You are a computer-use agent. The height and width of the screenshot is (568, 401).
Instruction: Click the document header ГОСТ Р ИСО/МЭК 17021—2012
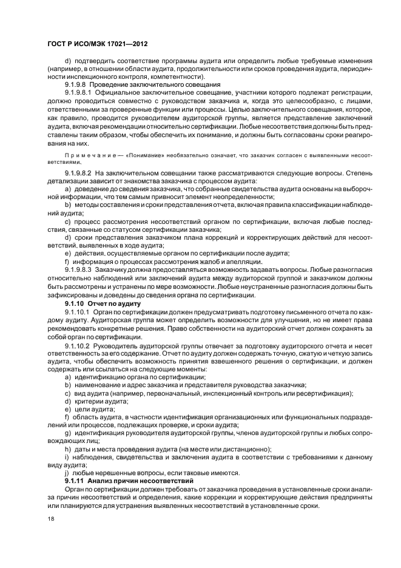pyautogui.click(x=97, y=45)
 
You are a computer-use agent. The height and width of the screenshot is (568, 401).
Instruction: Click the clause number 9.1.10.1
pyautogui.click(x=76, y=311)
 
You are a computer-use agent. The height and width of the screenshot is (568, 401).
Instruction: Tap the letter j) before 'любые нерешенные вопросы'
pyautogui.click(x=66, y=473)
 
